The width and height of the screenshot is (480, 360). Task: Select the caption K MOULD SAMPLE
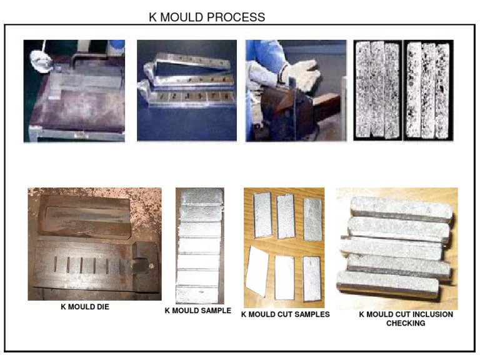197,310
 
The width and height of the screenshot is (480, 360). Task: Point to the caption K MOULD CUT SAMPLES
285,314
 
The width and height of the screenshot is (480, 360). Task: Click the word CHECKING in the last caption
406,323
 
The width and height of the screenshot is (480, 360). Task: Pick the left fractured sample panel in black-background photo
377,90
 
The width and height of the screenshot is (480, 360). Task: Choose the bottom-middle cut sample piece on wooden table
285,276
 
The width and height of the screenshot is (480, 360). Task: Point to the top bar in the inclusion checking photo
397,207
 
